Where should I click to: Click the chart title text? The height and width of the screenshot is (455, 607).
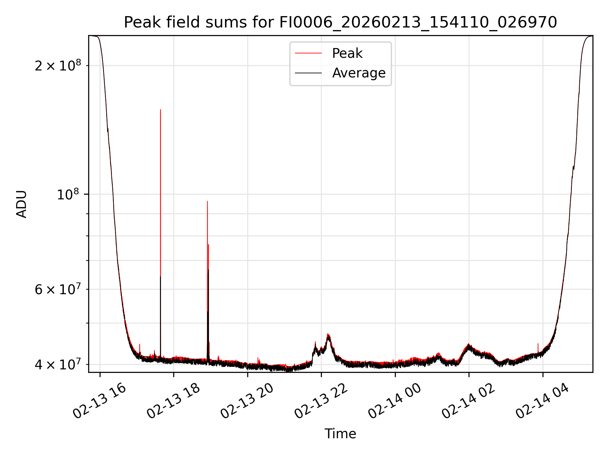tap(340, 22)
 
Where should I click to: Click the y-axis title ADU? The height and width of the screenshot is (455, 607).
tap(21, 204)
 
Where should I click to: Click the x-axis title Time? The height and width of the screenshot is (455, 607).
tap(340, 434)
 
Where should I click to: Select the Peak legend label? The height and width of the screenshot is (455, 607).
tap(347, 53)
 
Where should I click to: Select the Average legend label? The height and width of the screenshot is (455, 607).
tap(359, 73)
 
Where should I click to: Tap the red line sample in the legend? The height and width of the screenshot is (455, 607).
tap(308, 53)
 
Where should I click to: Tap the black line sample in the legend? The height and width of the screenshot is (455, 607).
tap(308, 73)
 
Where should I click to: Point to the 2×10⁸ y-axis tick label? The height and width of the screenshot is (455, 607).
tap(58, 66)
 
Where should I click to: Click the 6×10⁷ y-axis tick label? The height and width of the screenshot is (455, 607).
tap(58, 289)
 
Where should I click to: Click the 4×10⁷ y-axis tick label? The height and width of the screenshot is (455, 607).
tap(58, 364)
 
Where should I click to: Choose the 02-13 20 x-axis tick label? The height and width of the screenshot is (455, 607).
tap(247, 401)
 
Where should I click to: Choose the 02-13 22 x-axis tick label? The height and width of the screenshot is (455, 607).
tap(321, 401)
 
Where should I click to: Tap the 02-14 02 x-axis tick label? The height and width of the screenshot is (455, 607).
tap(469, 401)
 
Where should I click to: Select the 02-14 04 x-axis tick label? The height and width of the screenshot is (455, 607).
tap(543, 401)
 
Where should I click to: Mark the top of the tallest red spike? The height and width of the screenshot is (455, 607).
tap(161, 110)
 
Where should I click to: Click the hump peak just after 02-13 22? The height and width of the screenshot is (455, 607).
tap(328, 334)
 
